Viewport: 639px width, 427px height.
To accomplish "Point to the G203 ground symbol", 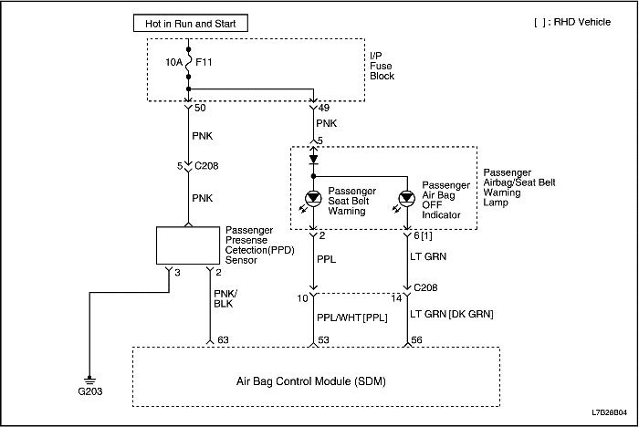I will point(89,380).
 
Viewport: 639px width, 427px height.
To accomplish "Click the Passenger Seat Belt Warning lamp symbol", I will point(313,198).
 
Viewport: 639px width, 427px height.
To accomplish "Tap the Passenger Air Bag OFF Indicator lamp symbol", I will point(407,198).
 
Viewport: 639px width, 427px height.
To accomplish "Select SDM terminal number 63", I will point(222,338).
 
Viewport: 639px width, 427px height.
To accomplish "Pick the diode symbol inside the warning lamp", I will point(313,158).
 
